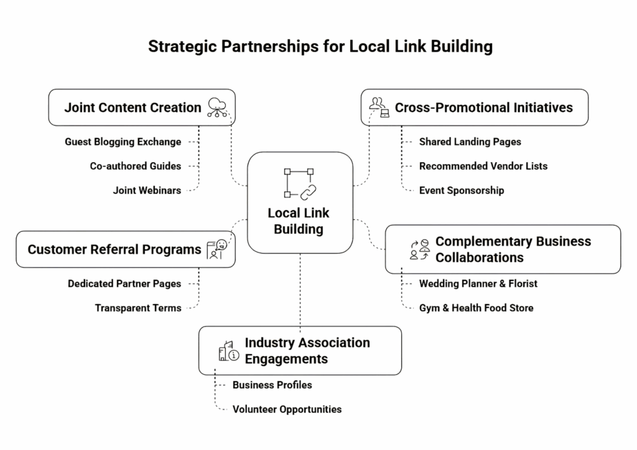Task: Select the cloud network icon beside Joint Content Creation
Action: (x=218, y=107)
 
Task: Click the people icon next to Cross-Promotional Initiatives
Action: (x=379, y=107)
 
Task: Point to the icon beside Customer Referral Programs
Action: (x=218, y=249)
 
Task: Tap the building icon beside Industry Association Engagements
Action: (x=228, y=351)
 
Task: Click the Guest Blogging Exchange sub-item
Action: (x=123, y=142)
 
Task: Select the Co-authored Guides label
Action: (x=136, y=166)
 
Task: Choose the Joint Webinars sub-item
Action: (x=147, y=190)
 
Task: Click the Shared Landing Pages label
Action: (x=470, y=142)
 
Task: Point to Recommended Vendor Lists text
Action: (x=483, y=166)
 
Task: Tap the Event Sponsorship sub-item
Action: (x=461, y=190)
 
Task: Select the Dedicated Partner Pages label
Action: (x=124, y=283)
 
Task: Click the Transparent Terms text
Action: (x=138, y=308)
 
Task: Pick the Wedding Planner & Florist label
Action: (x=478, y=283)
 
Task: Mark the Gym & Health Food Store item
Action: (x=476, y=308)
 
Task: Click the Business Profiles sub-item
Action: (x=272, y=385)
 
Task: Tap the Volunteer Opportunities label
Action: (x=287, y=409)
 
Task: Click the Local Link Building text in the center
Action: (x=299, y=221)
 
